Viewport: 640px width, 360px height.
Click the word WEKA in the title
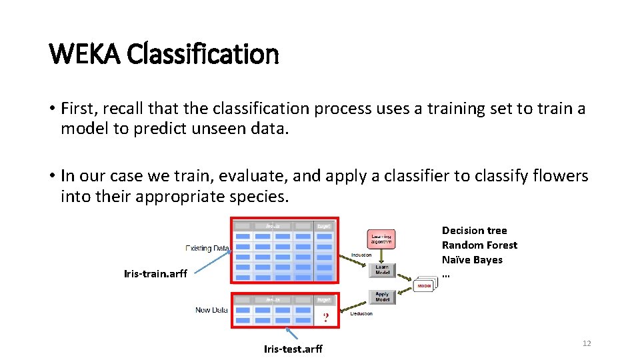[x=85, y=53]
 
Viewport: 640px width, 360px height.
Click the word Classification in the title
[x=202, y=53]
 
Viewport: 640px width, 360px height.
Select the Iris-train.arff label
[x=155, y=273]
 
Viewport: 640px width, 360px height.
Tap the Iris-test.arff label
[x=293, y=349]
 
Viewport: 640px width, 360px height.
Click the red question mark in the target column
[x=325, y=317]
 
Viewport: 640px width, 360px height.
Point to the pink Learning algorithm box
[x=382, y=239]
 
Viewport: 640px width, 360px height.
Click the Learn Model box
[x=382, y=270]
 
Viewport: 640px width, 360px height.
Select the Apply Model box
[x=382, y=297]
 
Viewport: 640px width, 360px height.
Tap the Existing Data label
[x=207, y=248]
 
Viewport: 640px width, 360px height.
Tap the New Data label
[x=211, y=310]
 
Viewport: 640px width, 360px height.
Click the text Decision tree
[x=474, y=231]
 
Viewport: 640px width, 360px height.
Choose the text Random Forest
[x=479, y=245]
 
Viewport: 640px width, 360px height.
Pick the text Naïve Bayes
[x=472, y=260]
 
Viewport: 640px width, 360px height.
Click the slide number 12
[x=587, y=343]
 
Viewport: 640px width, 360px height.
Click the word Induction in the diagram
[x=361, y=255]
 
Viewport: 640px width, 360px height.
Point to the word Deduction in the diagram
[x=361, y=313]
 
